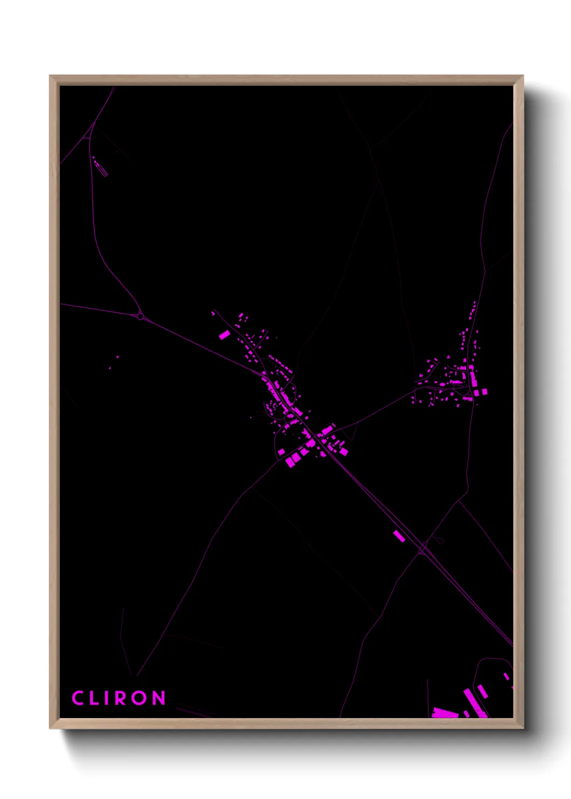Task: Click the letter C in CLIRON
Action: point(78,698)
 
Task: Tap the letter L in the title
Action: point(96,698)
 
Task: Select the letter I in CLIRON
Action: point(110,698)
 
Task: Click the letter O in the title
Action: point(140,698)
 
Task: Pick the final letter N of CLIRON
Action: point(159,698)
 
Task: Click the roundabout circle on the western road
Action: point(141,317)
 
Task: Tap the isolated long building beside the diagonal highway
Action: point(399,536)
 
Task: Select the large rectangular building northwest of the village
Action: point(224,335)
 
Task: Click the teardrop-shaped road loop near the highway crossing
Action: point(438,539)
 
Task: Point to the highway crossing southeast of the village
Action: point(423,549)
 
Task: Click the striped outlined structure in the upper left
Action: point(101,169)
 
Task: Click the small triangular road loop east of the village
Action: point(351,430)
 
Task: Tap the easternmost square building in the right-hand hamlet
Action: point(484,391)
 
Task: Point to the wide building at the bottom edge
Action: point(445,713)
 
